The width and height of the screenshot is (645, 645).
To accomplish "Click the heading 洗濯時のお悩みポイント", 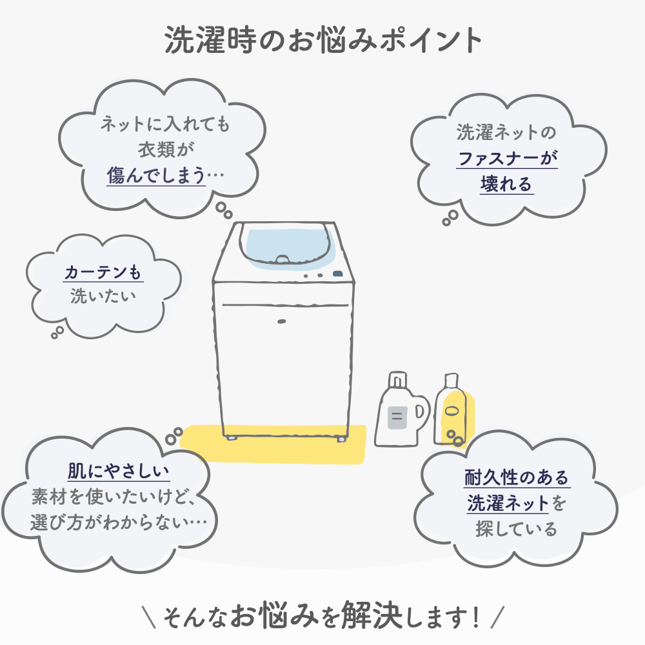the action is [323, 40].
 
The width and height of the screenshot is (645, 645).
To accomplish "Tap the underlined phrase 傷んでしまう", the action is [156, 175].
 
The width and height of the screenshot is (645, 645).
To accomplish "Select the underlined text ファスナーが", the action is [507, 158].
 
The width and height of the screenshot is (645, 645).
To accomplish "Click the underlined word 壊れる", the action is [506, 184].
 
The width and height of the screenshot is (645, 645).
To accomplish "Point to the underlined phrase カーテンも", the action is [103, 272].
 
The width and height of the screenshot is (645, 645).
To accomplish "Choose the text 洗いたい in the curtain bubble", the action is [103, 296].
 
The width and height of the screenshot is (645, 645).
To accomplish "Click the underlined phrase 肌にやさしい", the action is [119, 471].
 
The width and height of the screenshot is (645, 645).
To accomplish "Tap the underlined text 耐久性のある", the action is [517, 477].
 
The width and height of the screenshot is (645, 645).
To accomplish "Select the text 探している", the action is [516, 529].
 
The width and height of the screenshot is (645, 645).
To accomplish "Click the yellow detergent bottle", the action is [451, 412].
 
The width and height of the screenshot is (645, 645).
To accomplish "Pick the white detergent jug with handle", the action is [401, 412].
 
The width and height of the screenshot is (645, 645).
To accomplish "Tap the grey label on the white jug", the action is [397, 417].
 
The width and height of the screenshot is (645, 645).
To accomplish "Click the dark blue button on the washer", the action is [338, 273].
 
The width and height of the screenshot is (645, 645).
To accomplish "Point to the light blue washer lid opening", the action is [288, 246].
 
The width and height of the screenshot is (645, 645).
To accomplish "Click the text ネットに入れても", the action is [165, 124].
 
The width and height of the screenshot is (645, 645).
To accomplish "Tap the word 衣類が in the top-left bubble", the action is [166, 150].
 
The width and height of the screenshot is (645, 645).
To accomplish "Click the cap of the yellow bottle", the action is [451, 381].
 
